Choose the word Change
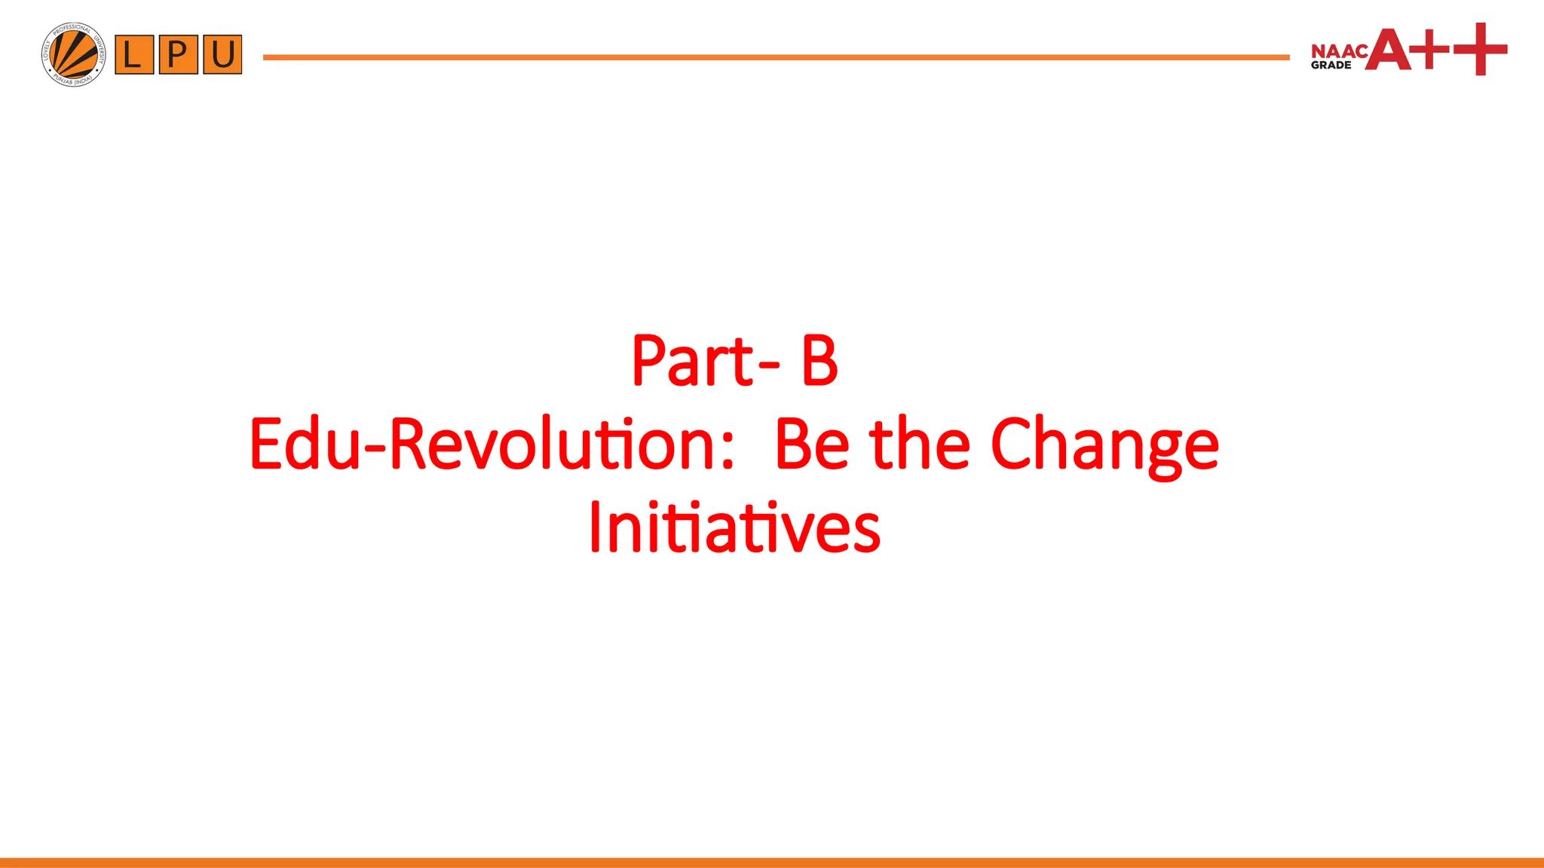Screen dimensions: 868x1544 (x=1104, y=446)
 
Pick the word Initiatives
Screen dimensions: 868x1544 (x=734, y=527)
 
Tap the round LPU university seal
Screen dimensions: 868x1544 (x=74, y=54)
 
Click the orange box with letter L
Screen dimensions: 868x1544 (x=134, y=54)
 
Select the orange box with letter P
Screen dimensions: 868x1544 (x=179, y=54)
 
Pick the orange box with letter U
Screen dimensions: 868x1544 (x=222, y=54)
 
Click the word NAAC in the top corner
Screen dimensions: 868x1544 (x=1339, y=51)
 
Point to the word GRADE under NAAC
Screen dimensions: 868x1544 (x=1331, y=66)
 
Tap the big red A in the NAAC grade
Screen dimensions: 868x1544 (x=1389, y=50)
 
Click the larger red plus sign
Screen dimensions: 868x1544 (x=1480, y=49)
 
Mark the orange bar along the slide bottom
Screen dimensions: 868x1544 (x=772, y=862)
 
